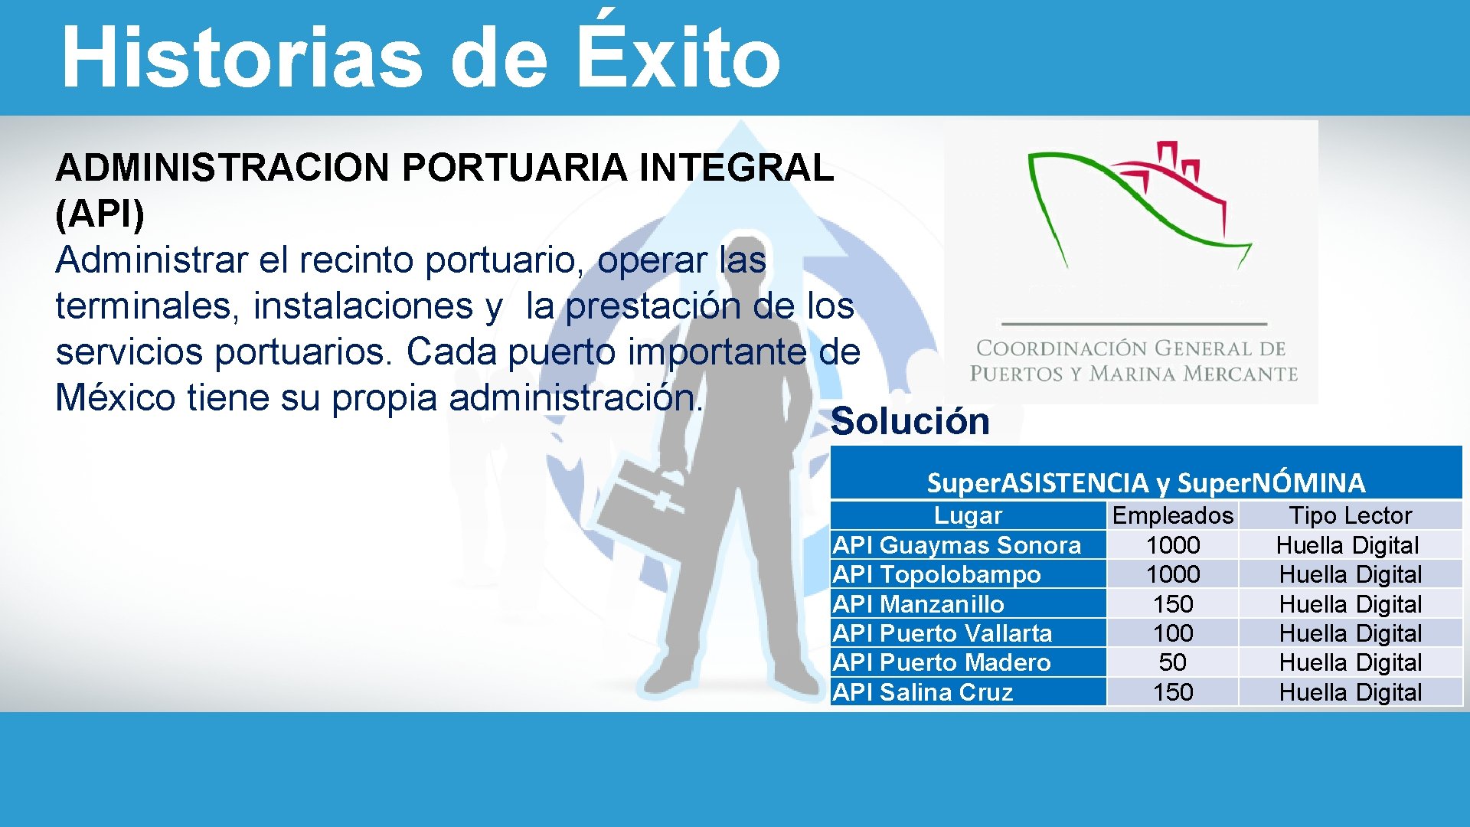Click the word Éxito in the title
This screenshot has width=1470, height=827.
677,57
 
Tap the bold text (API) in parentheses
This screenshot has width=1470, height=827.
100,214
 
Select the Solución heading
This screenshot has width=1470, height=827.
910,421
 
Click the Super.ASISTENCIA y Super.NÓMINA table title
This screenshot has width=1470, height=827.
1145,482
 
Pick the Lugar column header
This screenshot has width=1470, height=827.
968,515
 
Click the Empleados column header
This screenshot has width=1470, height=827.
1172,515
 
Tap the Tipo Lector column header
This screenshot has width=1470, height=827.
1350,515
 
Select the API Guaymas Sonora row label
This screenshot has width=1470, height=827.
957,545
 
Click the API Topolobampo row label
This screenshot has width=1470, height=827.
936,574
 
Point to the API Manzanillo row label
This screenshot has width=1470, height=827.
918,604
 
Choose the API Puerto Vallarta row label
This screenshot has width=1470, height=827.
942,633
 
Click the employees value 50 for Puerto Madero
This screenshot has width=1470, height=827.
1172,662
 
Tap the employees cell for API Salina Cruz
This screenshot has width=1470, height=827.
1172,692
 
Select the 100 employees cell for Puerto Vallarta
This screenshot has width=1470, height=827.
1172,633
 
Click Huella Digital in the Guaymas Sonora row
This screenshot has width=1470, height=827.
1347,545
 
